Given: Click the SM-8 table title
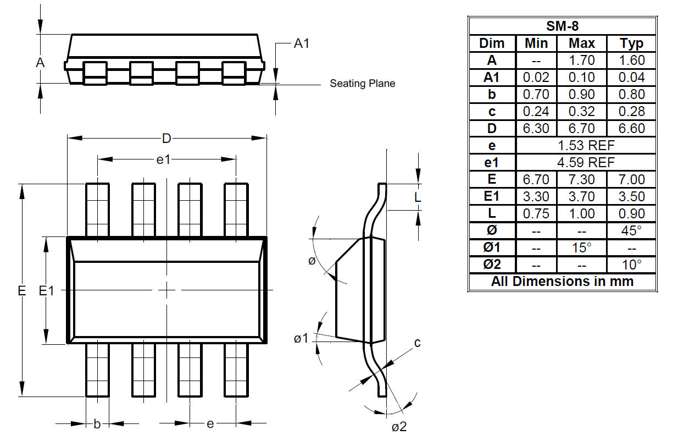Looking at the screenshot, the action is tap(563, 26).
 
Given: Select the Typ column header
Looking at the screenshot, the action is tap(632, 43).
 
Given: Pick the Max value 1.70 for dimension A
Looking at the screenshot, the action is tap(582, 60).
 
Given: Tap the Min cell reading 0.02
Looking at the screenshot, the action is tap(536, 77).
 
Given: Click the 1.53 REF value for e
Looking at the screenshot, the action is tap(586, 145).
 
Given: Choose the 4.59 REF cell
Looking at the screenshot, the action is tap(586, 162).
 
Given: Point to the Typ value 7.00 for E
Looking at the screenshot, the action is tap(632, 179).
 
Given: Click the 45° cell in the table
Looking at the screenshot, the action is tap(632, 230).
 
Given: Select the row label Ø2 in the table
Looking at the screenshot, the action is tap(492, 265).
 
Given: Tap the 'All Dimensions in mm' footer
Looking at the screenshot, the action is tap(563, 282).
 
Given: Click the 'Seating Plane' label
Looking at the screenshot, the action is tap(362, 83).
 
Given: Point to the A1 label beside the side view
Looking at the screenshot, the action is tap(302, 43).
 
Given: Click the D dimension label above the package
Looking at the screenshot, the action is tap(166, 139).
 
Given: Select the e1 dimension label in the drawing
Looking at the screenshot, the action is tap(163, 159).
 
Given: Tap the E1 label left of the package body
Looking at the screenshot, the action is tap(46, 291).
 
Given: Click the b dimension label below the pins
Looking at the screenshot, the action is tap(97, 424).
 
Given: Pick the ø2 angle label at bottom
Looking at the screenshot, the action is tap(399, 427).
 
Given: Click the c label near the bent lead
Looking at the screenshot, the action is tap(418, 343).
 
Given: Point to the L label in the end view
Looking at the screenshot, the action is tap(418, 197).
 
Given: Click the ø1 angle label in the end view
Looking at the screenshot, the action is tap(301, 338).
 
